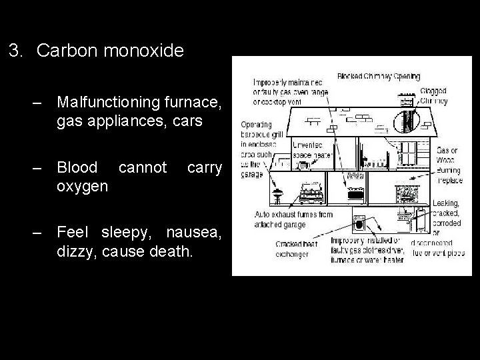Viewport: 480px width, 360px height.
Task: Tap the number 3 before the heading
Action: tap(15, 51)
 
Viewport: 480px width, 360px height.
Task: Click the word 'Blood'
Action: tap(77, 167)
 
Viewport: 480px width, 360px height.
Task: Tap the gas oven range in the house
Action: tap(355, 192)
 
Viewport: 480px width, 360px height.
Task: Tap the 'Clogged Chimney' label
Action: tap(434, 97)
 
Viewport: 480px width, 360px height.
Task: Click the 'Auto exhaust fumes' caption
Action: tap(293, 219)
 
